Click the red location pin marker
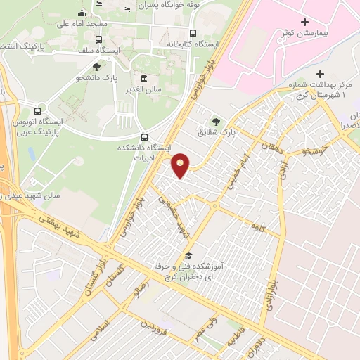click(181, 165)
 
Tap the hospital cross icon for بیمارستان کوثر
click(304, 22)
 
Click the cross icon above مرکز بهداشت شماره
click(320, 74)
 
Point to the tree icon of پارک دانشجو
click(96, 66)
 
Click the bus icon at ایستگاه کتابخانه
click(193, 32)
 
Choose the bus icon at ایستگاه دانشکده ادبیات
click(144, 137)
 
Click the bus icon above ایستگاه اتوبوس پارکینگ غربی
click(38, 111)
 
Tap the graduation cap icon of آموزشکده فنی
click(188, 256)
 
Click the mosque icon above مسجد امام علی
click(82, 13)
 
